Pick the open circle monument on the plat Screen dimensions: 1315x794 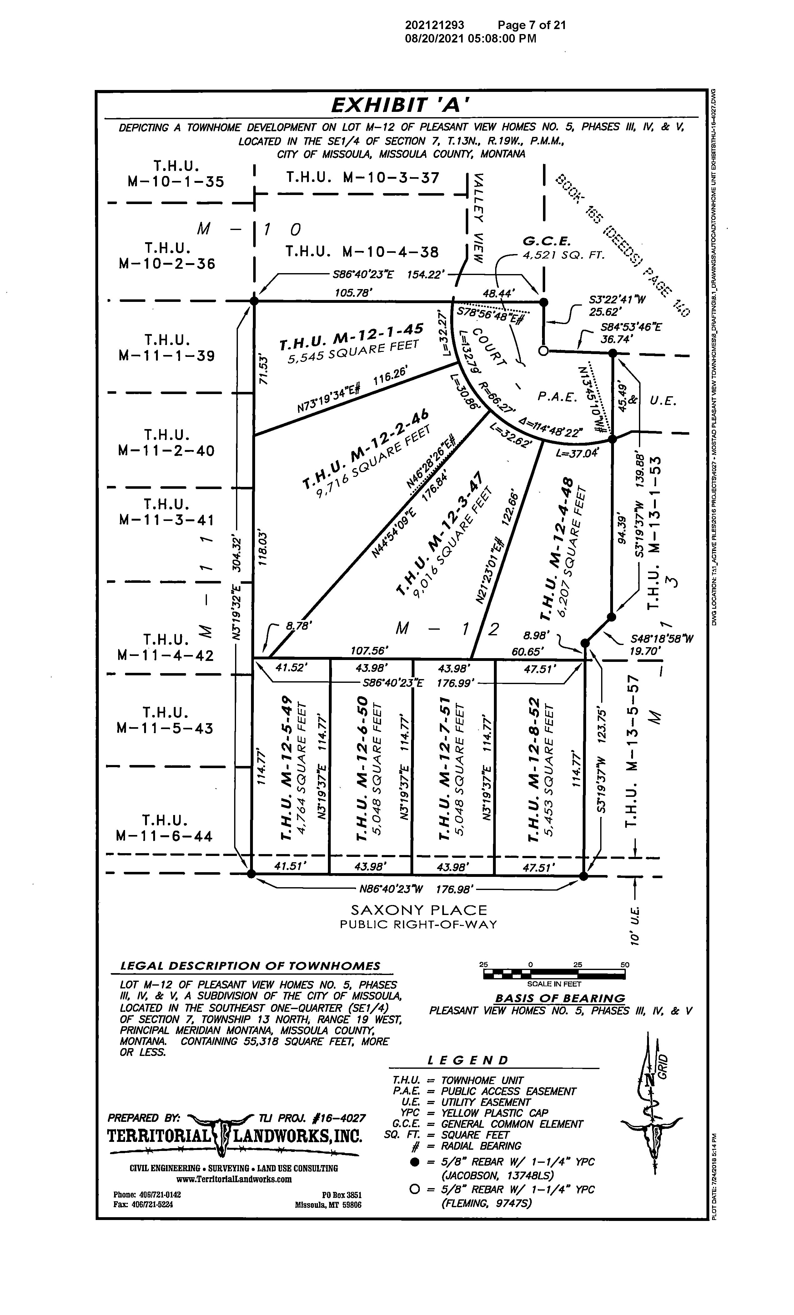543,351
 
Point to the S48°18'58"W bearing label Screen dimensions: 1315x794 661,638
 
